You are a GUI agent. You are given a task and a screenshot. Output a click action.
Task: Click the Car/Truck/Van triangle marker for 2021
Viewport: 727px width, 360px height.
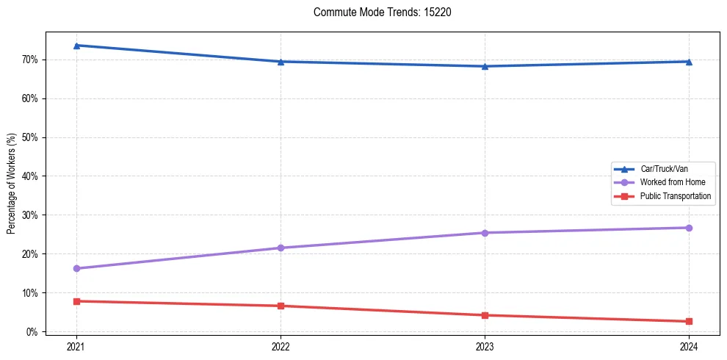(76, 46)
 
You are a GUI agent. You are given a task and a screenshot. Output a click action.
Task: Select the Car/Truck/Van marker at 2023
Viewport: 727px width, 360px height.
(485, 66)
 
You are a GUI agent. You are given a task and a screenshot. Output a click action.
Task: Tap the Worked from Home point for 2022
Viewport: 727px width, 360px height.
(281, 248)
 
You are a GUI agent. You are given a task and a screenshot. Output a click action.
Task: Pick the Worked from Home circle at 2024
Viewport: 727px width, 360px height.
(689, 228)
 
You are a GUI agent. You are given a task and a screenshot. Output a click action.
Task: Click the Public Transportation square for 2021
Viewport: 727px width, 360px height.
(76, 301)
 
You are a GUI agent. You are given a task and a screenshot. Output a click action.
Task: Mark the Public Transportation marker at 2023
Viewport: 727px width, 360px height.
(485, 315)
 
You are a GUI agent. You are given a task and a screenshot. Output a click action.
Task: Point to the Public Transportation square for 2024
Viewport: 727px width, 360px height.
(689, 321)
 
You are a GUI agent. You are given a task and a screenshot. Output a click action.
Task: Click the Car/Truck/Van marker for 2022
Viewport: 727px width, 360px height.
(281, 62)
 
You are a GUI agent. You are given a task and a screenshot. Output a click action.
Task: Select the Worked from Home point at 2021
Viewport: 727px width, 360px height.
(76, 268)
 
